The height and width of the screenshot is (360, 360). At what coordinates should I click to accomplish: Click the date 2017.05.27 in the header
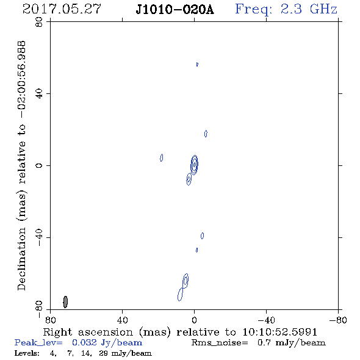(62, 9)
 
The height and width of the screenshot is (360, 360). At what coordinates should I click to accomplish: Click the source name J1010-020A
(175, 10)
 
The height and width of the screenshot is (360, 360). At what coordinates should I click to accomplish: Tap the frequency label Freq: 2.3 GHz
(286, 9)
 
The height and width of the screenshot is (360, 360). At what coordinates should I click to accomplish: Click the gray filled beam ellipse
(65, 302)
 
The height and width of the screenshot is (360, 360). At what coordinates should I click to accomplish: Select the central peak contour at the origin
(195, 164)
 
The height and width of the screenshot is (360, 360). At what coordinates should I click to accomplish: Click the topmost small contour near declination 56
(197, 64)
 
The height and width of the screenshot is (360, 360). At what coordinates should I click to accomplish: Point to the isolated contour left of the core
(162, 158)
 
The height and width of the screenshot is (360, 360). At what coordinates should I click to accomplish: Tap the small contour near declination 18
(206, 134)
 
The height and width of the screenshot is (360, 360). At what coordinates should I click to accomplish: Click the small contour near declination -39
(202, 236)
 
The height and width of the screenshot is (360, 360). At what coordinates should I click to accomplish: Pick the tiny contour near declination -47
(196, 250)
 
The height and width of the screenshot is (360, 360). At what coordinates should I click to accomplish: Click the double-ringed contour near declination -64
(185, 281)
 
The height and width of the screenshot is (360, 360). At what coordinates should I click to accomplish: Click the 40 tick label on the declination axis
(39, 94)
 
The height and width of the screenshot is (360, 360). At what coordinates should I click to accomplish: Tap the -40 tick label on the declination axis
(39, 237)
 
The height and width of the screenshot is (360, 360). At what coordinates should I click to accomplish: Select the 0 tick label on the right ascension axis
(194, 320)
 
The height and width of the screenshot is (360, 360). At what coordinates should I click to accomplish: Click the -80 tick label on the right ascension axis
(338, 320)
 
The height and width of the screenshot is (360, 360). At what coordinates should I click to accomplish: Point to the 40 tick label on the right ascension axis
(122, 320)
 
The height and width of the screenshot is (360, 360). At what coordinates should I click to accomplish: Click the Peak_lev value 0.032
(84, 342)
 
